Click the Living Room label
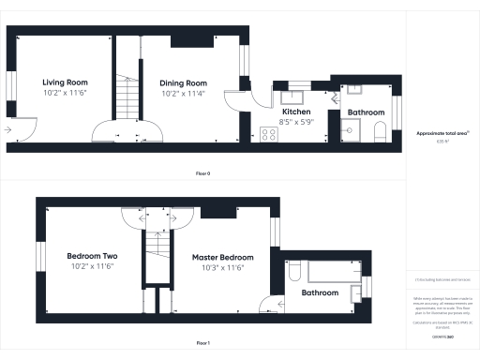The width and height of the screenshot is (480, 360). click(x=64, y=82)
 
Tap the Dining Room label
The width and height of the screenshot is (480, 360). click(x=183, y=82)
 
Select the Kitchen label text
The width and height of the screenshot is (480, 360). click(x=296, y=112)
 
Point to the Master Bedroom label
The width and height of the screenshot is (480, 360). click(x=223, y=257)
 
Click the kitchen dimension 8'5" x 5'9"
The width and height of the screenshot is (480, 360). click(x=296, y=122)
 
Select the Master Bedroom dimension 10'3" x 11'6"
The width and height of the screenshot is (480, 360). click(x=223, y=267)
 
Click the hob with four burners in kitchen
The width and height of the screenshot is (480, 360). click(x=268, y=134)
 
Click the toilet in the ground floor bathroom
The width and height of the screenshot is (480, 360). click(x=379, y=130)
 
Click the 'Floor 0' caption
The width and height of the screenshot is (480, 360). click(x=202, y=174)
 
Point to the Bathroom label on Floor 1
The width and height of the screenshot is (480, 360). click(x=320, y=292)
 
